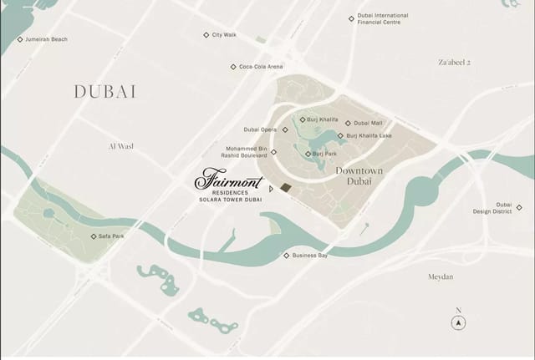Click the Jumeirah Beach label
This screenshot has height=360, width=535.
point(46,39)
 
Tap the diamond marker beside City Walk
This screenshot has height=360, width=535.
point(206,35)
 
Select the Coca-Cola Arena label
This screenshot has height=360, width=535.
point(261,67)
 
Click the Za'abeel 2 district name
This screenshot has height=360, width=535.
point(455,63)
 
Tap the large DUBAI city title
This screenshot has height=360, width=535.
point(105,92)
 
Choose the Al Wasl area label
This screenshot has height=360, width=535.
point(121,146)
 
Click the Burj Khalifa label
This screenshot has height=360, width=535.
point(324,119)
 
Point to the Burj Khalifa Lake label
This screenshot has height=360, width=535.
point(369,135)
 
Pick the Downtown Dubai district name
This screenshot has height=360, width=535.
point(359,175)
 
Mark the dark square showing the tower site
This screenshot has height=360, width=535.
point(286,187)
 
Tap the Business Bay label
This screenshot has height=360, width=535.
point(309,256)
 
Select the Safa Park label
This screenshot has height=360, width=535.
point(111,236)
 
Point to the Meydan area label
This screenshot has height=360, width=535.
point(440,276)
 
